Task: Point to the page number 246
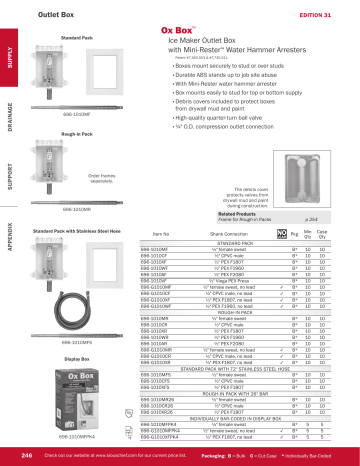pyautogui.click(x=29, y=455)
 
